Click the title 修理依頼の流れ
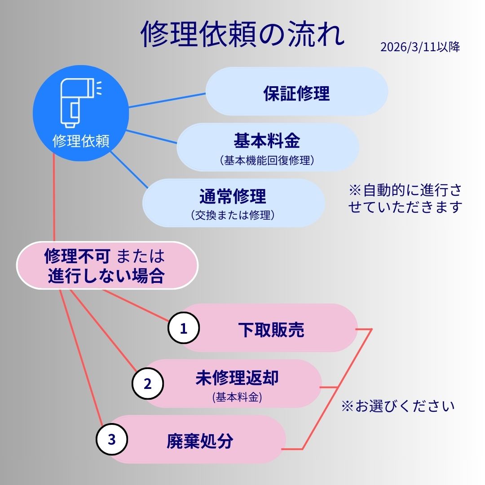(242, 34)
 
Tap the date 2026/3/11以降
(420, 48)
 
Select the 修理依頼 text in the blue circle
(81, 141)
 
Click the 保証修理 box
(296, 93)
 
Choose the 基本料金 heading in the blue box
(267, 141)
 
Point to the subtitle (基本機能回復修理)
(267, 160)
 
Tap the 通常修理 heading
(233, 196)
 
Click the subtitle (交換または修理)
(233, 216)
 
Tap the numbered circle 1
(183, 329)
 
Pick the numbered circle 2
(147, 384)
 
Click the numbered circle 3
(111, 439)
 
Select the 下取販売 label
(271, 330)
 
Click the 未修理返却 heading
(237, 378)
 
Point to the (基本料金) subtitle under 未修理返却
(237, 397)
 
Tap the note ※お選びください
(398, 406)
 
